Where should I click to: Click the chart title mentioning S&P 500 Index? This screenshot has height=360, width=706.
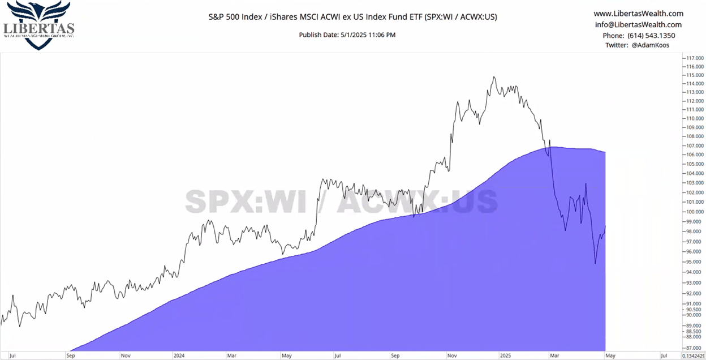(352, 16)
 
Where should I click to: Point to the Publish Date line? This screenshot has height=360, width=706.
(347, 35)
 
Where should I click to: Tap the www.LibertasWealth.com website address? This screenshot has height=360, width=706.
(638, 14)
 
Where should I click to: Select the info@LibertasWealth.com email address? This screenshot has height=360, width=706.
(638, 24)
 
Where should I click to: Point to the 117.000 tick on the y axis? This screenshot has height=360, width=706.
(694, 58)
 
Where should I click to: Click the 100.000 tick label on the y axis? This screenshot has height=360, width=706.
(694, 212)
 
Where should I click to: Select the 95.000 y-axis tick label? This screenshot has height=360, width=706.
(694, 262)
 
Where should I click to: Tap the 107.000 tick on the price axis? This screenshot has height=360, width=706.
(694, 145)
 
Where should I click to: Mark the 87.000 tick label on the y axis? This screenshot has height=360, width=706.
(694, 348)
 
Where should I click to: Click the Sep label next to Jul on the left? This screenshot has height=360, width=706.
(70, 356)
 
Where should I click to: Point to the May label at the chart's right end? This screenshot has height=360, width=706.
(610, 356)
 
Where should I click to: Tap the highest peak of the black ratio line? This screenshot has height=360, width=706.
(494, 77)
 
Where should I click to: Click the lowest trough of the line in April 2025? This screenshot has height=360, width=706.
(595, 263)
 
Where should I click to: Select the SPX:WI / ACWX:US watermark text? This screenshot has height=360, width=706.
(341, 201)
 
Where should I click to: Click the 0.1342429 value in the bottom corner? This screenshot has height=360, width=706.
(694, 356)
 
